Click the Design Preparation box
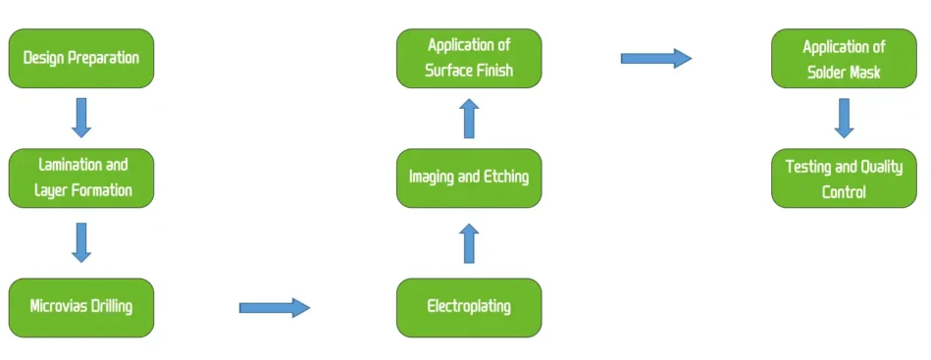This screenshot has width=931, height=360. [81, 58]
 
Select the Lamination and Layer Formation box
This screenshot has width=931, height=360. [81, 178]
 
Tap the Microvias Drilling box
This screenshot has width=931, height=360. [81, 307]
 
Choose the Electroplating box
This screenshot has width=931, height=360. [468, 307]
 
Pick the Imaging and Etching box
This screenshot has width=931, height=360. [468, 178]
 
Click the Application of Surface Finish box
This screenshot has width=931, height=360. [468, 58]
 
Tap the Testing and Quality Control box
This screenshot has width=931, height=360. [844, 179]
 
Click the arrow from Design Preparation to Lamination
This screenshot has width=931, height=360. [81, 118]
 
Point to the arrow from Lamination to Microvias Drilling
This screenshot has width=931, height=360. [81, 242]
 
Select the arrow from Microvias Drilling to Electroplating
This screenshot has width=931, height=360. [275, 308]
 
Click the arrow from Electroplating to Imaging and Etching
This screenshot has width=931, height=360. [469, 243]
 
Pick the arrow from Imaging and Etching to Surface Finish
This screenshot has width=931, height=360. [469, 118]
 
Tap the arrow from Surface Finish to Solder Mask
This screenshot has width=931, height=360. [655, 59]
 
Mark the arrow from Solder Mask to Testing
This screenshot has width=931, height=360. [844, 118]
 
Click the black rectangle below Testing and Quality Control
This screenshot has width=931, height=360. [753, 308]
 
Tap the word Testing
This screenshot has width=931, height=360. [808, 167]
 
